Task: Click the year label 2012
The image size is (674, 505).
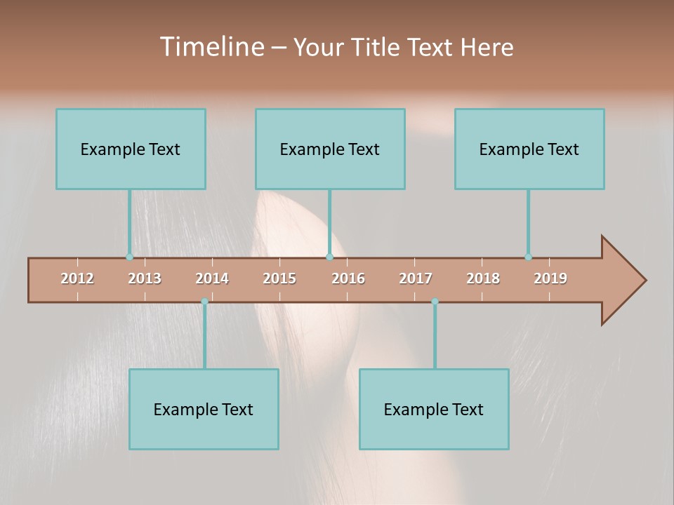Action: pos(77,278)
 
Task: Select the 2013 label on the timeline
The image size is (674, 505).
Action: pos(145,278)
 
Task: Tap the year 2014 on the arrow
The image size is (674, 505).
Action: pos(212,278)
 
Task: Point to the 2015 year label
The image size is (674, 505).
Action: pos(279,278)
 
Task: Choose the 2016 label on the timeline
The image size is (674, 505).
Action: pos(348,278)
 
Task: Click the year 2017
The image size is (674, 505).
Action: pos(416,278)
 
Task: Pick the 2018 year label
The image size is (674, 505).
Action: pos(483,278)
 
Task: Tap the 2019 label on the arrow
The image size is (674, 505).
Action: pos(550,278)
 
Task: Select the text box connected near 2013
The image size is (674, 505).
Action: pos(131,149)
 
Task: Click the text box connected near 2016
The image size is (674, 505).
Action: pos(330,149)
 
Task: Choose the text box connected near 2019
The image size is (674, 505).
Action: pos(529,149)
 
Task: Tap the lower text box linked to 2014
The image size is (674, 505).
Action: pos(204,409)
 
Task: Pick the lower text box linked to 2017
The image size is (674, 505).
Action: pos(434,409)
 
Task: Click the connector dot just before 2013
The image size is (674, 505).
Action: pos(129,257)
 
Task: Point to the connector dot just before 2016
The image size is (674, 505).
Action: pos(329,257)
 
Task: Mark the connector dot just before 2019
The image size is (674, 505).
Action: pos(528,257)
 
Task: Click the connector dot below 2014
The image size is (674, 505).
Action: pos(204,302)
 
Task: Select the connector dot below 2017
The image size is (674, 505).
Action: pos(435,302)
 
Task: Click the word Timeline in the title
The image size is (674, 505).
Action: pos(211,46)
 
